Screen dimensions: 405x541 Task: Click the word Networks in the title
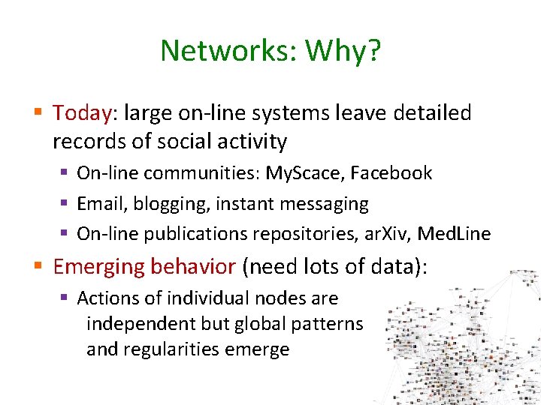tap(217, 51)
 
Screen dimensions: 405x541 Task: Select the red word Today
tap(82, 113)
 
